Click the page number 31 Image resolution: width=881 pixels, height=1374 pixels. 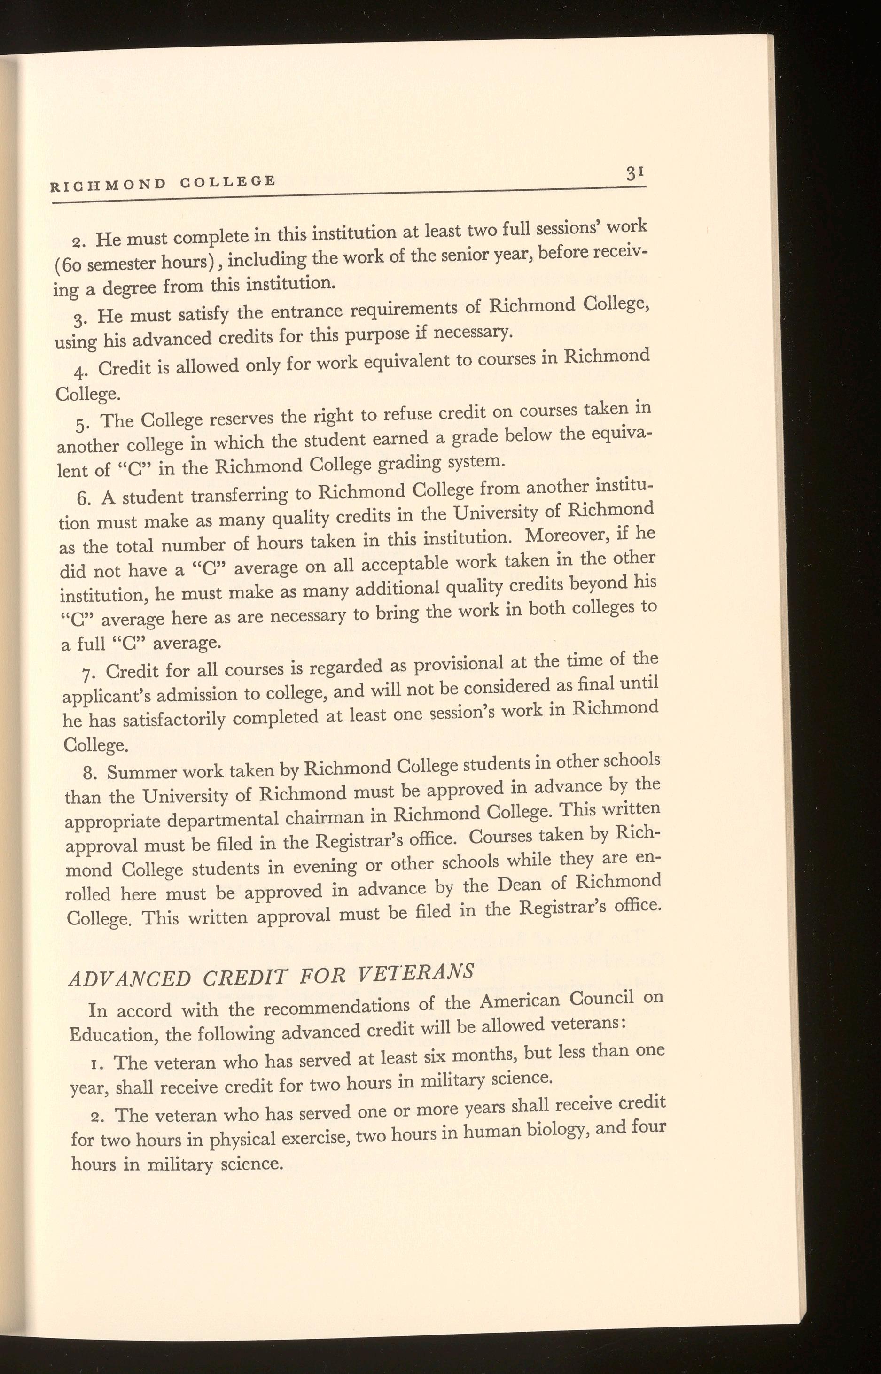point(636,173)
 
